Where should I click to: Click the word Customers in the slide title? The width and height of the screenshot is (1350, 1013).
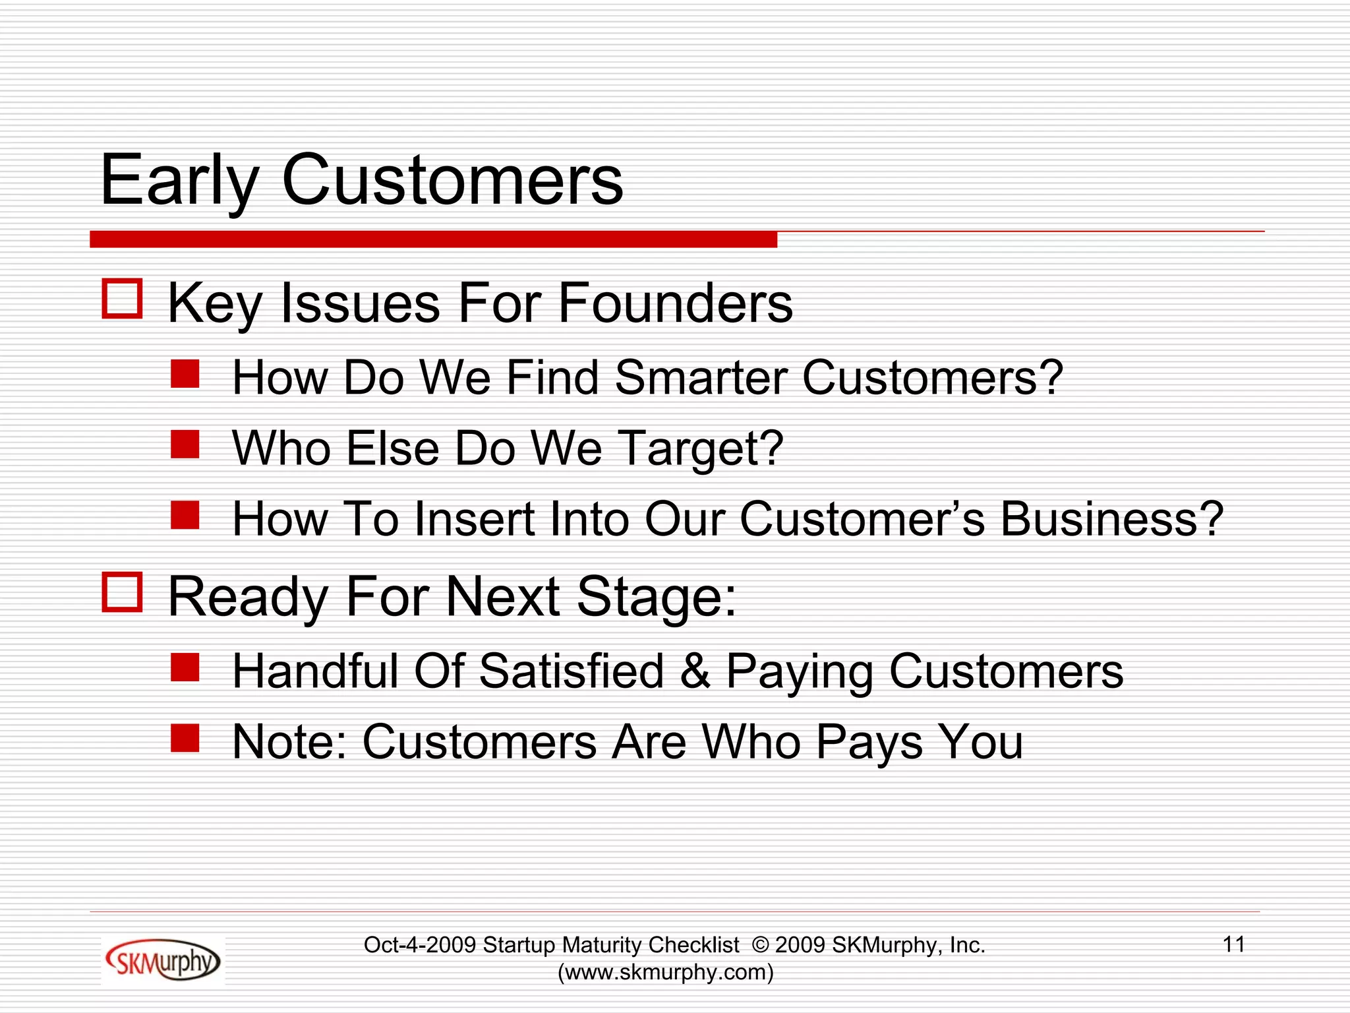pyautogui.click(x=452, y=179)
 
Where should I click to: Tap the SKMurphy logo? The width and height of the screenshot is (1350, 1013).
pyautogui.click(x=162, y=961)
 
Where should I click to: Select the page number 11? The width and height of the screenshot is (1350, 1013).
pyautogui.click(x=1233, y=944)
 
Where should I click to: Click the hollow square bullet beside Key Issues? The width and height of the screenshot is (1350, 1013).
pyautogui.click(x=122, y=299)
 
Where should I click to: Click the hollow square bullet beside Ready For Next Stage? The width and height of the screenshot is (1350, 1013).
pyautogui.click(x=122, y=592)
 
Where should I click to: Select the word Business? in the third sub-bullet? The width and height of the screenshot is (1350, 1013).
pyautogui.click(x=1111, y=519)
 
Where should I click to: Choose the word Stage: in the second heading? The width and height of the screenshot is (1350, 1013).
pyautogui.click(x=656, y=597)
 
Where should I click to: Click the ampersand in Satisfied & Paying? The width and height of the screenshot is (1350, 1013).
pyautogui.click(x=695, y=671)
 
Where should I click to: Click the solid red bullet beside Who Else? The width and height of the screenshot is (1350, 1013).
pyautogui.click(x=185, y=445)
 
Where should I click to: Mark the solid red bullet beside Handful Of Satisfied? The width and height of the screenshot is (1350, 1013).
pyautogui.click(x=185, y=667)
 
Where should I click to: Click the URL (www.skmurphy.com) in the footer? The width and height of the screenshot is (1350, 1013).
pyautogui.click(x=665, y=972)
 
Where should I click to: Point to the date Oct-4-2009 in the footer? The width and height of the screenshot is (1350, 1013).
pyautogui.click(x=420, y=945)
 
